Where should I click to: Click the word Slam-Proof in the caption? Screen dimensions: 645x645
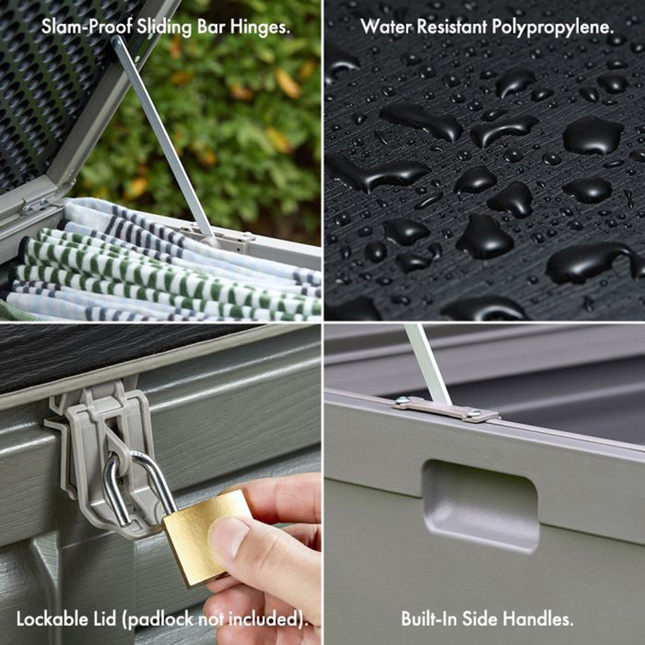(x=86, y=27)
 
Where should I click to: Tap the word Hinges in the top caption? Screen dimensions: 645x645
(x=260, y=27)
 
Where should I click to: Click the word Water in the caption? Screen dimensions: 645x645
(x=386, y=26)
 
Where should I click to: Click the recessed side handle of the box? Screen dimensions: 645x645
(x=481, y=505)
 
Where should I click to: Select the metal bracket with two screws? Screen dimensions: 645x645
(x=446, y=409)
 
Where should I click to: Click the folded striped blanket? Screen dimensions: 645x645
(x=164, y=263)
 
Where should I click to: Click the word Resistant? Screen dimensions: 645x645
(x=451, y=26)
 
